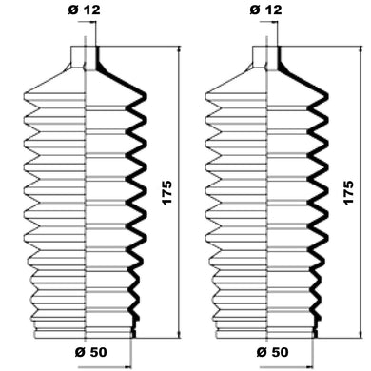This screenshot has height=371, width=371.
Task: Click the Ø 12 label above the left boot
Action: coord(84,10)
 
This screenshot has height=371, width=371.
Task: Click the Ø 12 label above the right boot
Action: coord(265,10)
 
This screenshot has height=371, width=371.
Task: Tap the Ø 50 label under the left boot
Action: coord(91,352)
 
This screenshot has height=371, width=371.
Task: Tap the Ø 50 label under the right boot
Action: coord(273,352)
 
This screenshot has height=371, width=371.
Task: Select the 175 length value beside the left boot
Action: coord(166,192)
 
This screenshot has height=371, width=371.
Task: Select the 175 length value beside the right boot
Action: coord(348,192)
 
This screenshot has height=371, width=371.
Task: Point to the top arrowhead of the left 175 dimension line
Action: coord(180,49)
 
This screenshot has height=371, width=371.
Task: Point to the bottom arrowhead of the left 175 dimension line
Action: coord(180,335)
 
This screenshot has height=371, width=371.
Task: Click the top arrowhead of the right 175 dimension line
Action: coord(361,49)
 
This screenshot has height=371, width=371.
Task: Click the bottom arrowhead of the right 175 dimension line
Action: coord(361,335)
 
